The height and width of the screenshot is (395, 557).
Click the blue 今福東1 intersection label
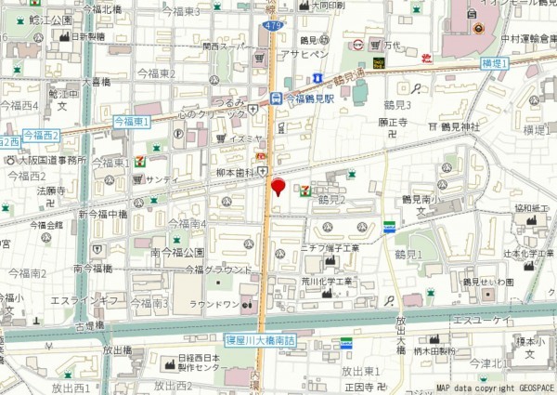click(x=132, y=122)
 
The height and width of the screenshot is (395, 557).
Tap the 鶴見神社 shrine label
click(x=460, y=125)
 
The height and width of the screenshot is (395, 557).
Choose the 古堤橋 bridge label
click(x=90, y=326)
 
